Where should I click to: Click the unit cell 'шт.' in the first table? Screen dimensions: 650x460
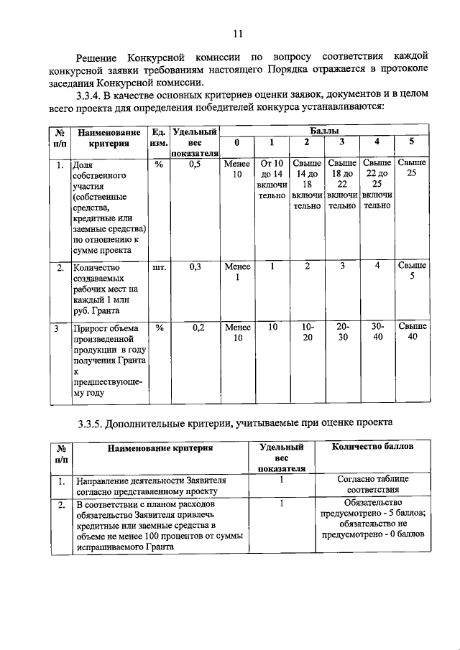point(160,266)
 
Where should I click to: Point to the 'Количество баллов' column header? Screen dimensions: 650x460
point(372,447)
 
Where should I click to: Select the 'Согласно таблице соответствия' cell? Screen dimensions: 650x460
point(372,485)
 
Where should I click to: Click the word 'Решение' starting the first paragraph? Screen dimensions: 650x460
point(100,57)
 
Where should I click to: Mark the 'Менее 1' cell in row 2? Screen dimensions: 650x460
point(237,271)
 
